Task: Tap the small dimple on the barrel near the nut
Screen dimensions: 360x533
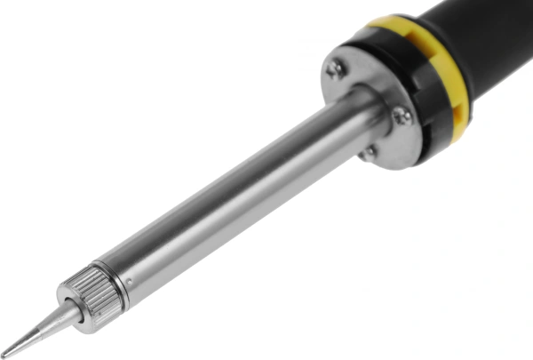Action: (131, 282)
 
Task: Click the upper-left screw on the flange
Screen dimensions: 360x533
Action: (337, 69)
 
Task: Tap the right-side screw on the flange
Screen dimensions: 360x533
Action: (402, 114)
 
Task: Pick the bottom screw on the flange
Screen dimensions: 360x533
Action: (367, 153)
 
